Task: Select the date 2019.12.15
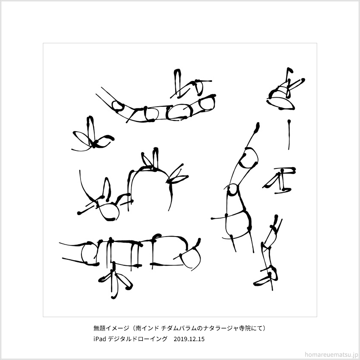pos(189,339)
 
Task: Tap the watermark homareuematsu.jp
pos(330,354)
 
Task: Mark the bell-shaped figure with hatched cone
pos(285,92)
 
